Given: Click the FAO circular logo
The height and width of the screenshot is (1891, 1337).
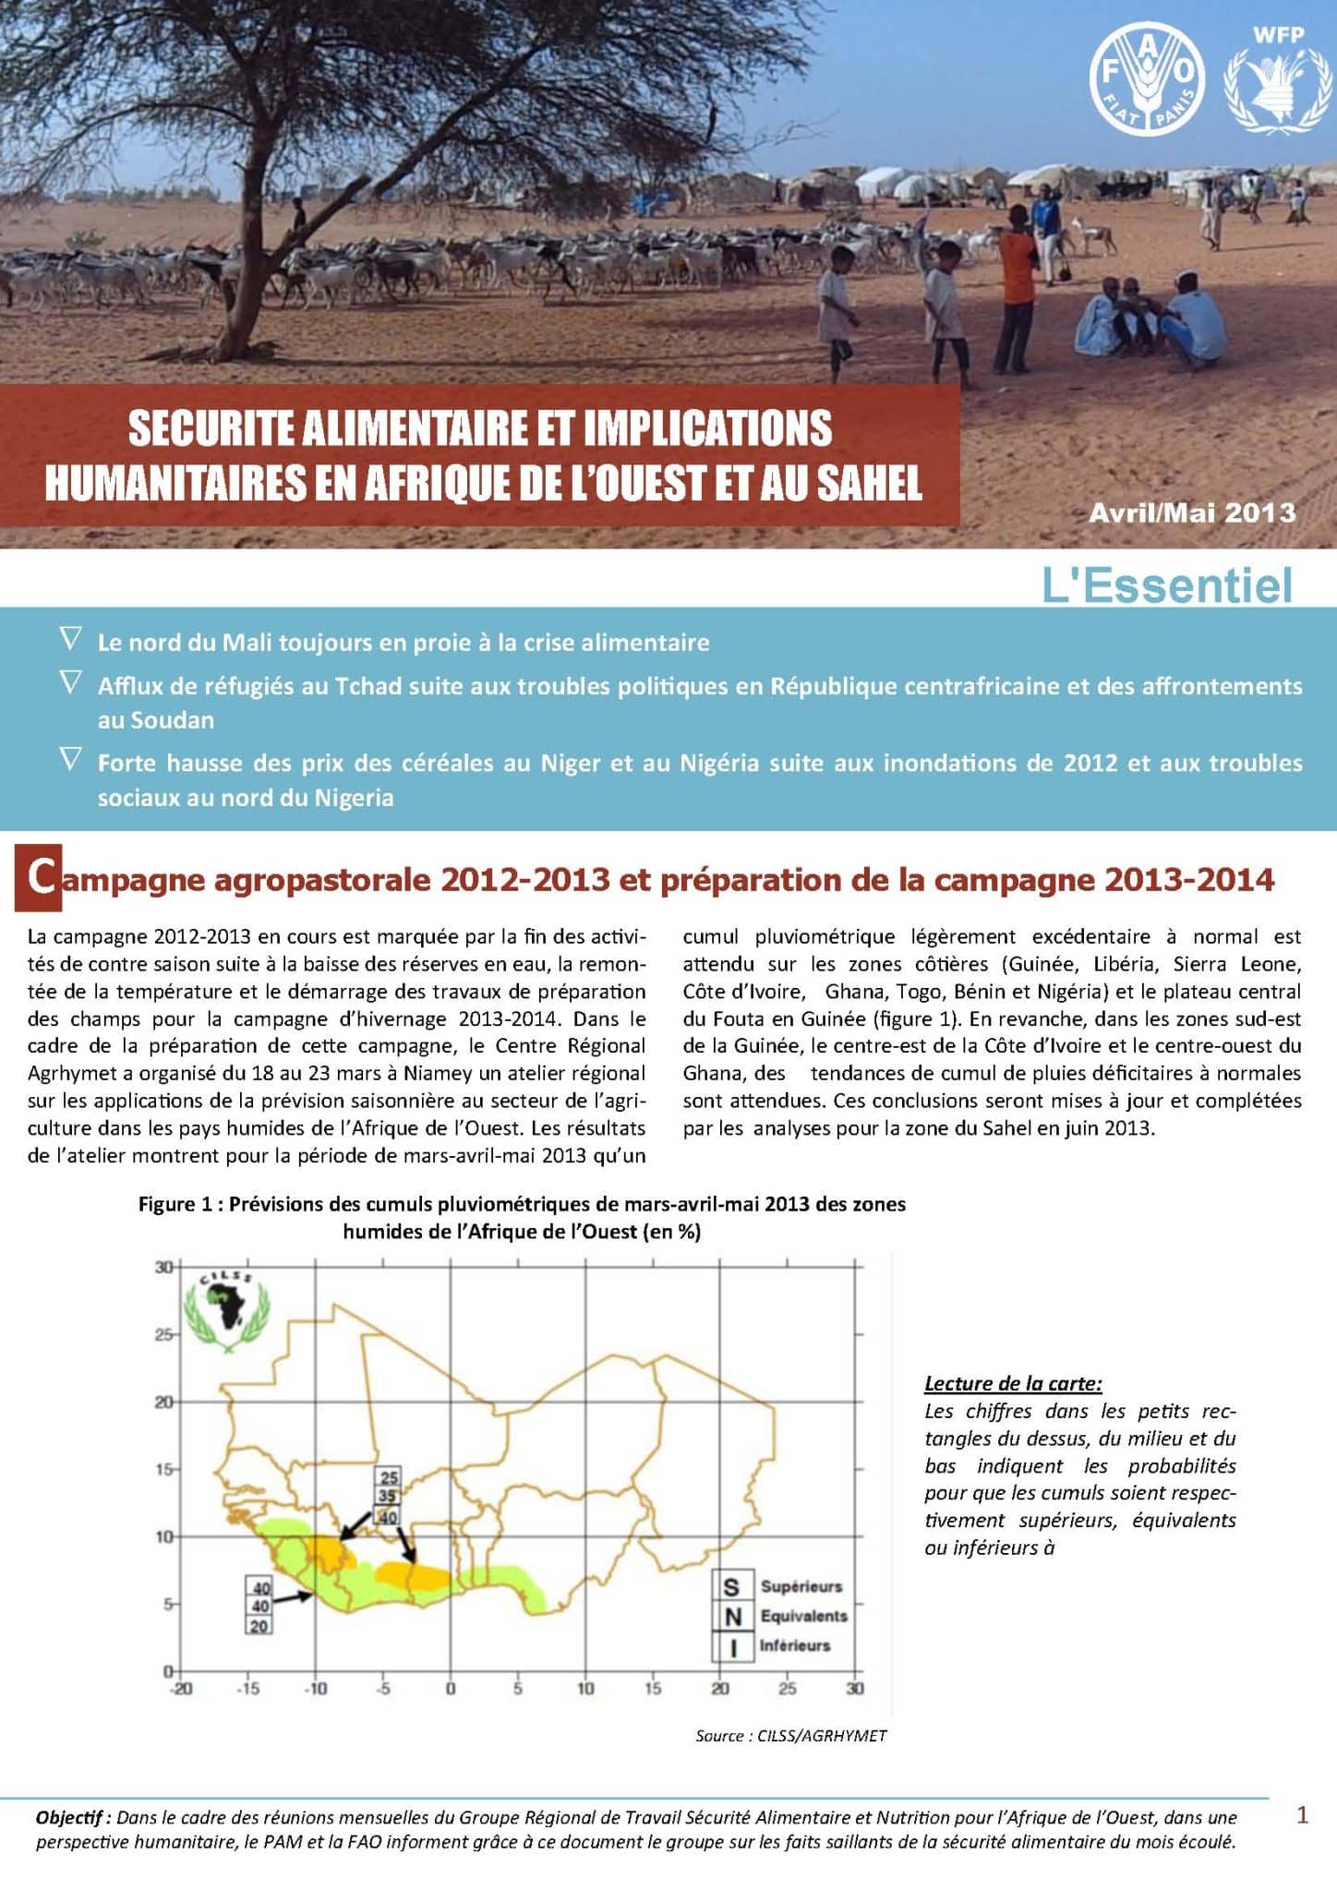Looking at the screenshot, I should tap(1147, 79).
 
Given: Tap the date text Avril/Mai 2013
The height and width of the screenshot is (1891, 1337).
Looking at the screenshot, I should tap(1191, 513).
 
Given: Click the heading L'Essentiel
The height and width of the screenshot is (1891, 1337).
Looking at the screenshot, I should tap(1167, 585).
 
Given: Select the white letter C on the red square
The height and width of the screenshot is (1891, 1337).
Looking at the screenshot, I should tap(39, 878).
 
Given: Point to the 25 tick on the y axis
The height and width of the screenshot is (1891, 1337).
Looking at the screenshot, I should tap(163, 1334).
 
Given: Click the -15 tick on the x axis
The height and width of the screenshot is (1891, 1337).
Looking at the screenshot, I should tap(247, 1689).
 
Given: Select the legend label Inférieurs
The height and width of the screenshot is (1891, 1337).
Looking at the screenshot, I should tap(794, 1645).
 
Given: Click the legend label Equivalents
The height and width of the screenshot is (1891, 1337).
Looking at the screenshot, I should tap(803, 1617).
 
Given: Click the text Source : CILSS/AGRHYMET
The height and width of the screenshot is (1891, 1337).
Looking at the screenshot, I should tap(790, 1736).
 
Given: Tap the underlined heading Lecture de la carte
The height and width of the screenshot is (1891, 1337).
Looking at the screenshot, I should tap(1013, 1383).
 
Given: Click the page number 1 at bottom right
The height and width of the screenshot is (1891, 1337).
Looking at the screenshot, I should tap(1302, 1815).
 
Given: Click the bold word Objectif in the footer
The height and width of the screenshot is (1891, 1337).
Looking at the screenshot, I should tap(72, 1817).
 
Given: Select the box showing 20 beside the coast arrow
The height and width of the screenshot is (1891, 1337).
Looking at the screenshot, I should tap(259, 1626).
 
